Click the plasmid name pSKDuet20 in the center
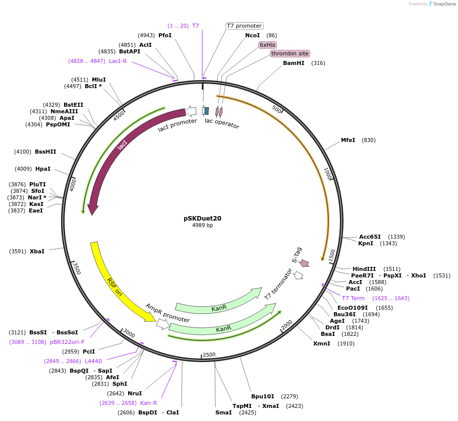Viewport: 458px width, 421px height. (202, 219)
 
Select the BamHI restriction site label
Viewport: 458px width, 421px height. (293, 63)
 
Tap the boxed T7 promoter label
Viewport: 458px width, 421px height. (244, 26)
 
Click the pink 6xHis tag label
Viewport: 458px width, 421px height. (267, 45)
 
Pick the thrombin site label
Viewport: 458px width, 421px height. (290, 53)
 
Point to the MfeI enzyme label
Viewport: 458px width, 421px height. (348, 140)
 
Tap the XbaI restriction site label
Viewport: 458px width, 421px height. (37, 251)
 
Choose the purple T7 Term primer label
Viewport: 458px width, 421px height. (353, 298)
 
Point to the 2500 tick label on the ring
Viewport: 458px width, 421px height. (209, 355)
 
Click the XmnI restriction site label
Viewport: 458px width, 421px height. (321, 343)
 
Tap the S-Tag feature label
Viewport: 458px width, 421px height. (297, 255)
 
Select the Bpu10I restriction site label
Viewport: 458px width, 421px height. (262, 396)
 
